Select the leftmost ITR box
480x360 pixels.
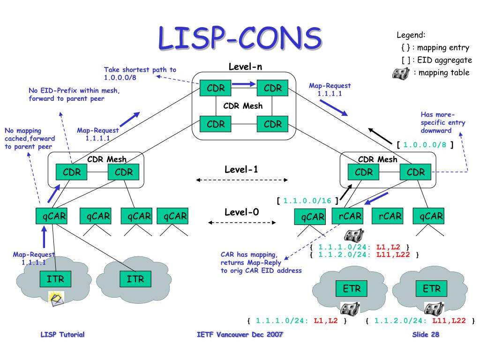click(55, 280)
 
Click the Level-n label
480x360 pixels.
click(245, 67)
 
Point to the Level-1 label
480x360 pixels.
click(241, 169)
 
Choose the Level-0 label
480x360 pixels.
click(241, 212)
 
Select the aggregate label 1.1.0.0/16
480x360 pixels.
click(307, 201)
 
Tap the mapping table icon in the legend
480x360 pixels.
click(400, 73)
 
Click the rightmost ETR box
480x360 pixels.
click(432, 289)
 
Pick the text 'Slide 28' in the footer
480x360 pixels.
click(426, 335)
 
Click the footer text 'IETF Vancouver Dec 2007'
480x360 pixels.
click(240, 335)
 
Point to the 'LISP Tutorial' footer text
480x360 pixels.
click(63, 335)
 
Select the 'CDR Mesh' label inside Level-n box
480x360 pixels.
click(243, 106)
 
